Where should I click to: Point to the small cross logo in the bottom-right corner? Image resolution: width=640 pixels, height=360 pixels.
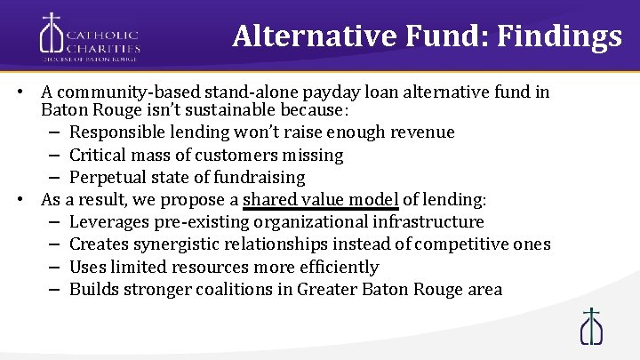[591, 326]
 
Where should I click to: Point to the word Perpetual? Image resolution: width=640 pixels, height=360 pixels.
[107, 177]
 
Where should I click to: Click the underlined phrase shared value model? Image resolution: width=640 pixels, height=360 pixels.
[320, 199]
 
